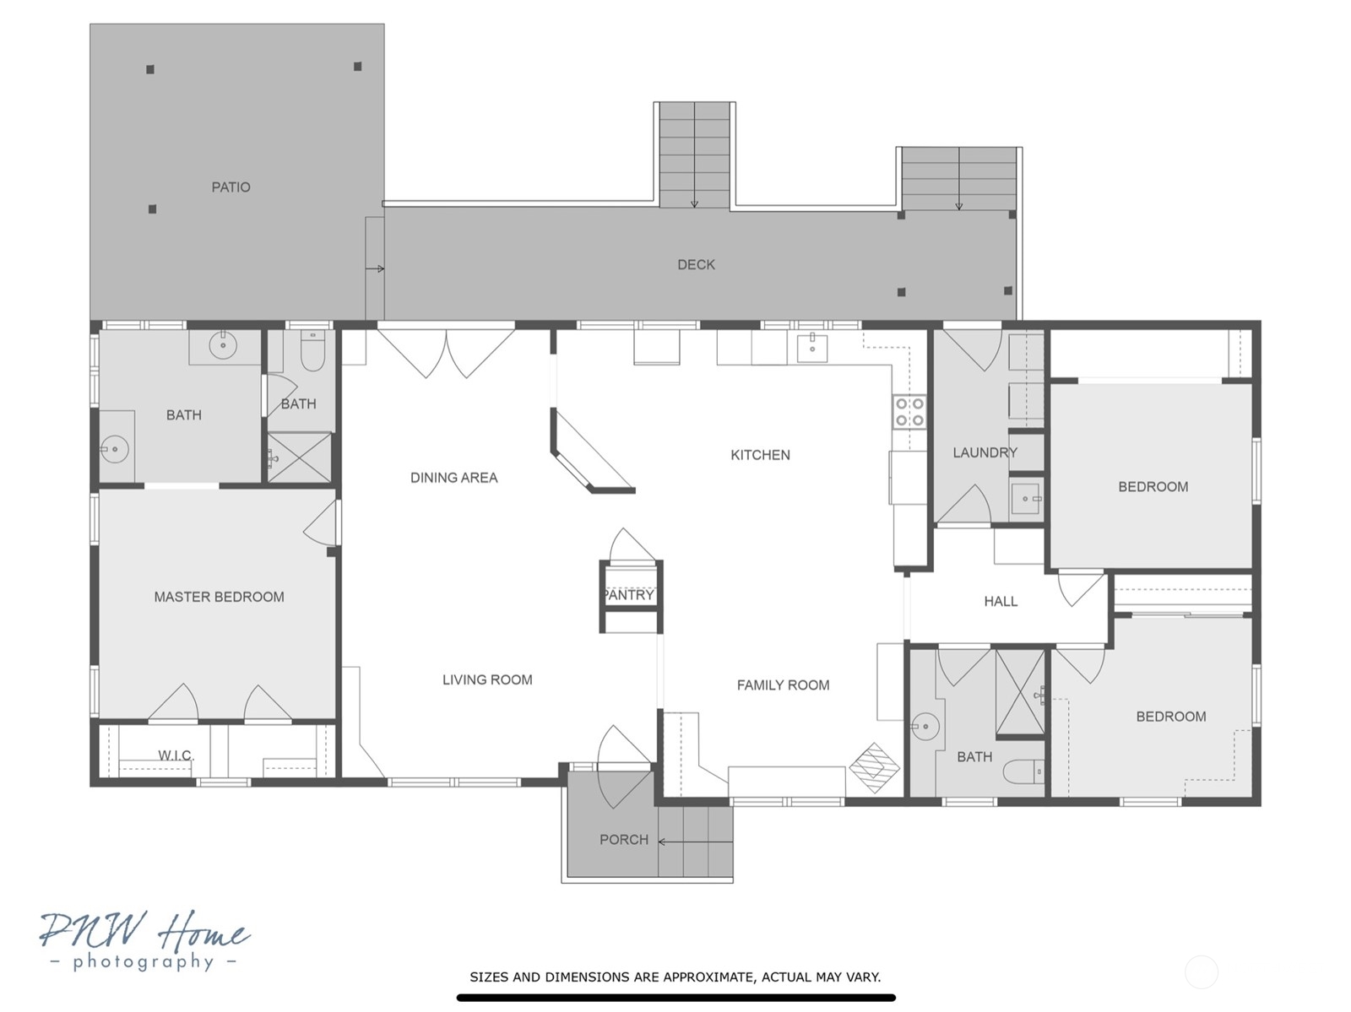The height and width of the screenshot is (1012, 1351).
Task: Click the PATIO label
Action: point(231,187)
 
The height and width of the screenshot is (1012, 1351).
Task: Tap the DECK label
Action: point(696,264)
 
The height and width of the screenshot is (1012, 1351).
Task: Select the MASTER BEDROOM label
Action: point(219,597)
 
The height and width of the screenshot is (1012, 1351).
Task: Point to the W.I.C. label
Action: point(176,755)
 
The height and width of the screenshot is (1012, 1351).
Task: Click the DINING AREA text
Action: point(454,478)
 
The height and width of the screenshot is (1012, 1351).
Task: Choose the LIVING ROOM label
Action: point(487,679)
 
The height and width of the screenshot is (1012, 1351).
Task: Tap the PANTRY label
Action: point(629,595)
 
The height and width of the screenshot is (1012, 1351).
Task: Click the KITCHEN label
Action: point(760,455)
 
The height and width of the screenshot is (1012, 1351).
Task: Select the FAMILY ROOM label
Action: point(783,685)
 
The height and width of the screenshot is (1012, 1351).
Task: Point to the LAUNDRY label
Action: point(985,452)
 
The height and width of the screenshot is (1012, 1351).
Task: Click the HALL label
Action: point(1001,601)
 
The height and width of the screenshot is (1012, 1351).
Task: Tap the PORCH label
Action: point(624,840)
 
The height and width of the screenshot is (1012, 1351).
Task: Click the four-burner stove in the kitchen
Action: point(909,412)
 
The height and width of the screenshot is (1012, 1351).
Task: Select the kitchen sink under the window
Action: point(812,349)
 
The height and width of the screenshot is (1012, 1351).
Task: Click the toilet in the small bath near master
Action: point(312,352)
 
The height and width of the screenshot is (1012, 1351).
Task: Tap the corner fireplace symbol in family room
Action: point(875,768)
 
